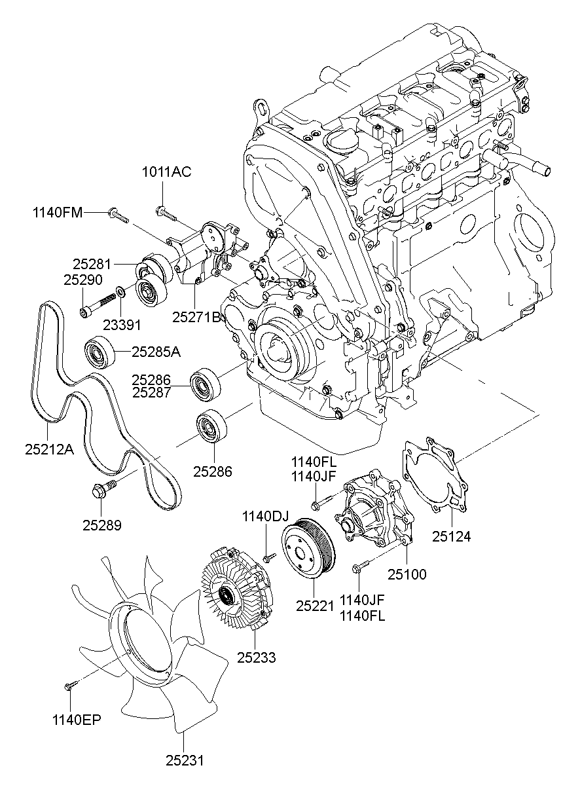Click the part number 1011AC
pyautogui.click(x=167, y=173)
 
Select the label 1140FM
pyautogui.click(x=58, y=212)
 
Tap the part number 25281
pyautogui.click(x=92, y=265)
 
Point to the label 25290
pyautogui.click(x=83, y=280)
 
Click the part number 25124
pyautogui.click(x=452, y=537)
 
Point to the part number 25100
pyautogui.click(x=407, y=575)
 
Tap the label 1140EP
pyautogui.click(x=77, y=720)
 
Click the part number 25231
pyautogui.click(x=185, y=760)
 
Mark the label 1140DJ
pyautogui.click(x=265, y=516)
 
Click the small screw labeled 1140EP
pyautogui.click(x=70, y=685)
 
